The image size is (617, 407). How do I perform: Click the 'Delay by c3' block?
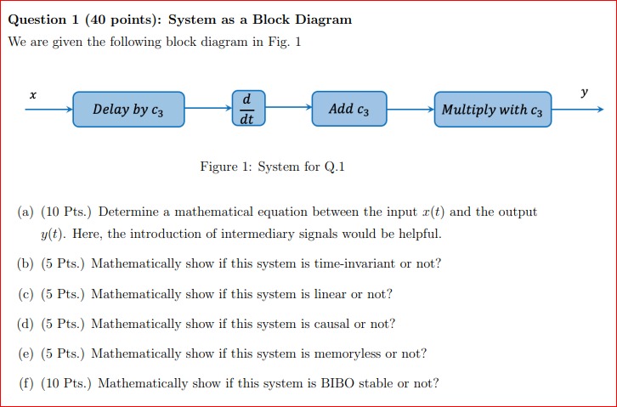pyautogui.click(x=128, y=110)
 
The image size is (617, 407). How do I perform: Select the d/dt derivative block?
pyautogui.click(x=247, y=110)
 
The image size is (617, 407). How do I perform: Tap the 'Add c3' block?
pyautogui.click(x=349, y=109)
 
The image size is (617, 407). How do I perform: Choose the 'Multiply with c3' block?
pyautogui.click(x=493, y=110)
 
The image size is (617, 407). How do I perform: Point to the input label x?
pyautogui.click(x=32, y=95)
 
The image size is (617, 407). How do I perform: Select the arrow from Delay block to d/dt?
pyautogui.click(x=207, y=109)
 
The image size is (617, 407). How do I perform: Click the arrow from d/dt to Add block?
pyautogui.click(x=288, y=109)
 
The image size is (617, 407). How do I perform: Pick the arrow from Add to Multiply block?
pyautogui.click(x=410, y=109)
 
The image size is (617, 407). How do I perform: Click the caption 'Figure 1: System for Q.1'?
pyautogui.click(x=272, y=167)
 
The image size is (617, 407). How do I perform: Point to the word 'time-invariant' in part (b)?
pyautogui.click(x=354, y=263)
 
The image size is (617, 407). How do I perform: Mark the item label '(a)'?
pyautogui.click(x=25, y=212)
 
